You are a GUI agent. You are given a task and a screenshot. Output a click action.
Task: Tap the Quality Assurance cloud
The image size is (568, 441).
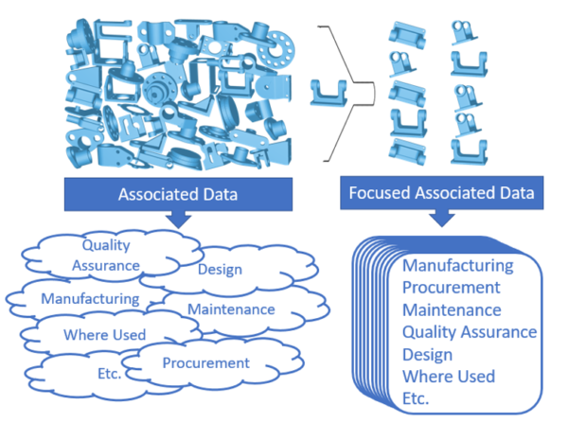pos(106,255)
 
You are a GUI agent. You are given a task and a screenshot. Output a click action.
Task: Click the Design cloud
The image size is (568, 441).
pos(220,270)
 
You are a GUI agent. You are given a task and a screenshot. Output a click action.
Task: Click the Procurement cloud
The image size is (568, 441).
pos(205,362)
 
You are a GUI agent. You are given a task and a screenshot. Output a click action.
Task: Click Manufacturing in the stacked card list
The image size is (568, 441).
pos(457,266)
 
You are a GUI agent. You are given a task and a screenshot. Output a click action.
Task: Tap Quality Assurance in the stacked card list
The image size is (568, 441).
pos(469,332)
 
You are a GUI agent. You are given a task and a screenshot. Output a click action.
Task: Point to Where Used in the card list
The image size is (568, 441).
pos(448,377)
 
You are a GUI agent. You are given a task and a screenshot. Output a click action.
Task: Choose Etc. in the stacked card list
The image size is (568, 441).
pos(417,398)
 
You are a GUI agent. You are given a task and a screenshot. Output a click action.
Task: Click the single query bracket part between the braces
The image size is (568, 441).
pos(329,92)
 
